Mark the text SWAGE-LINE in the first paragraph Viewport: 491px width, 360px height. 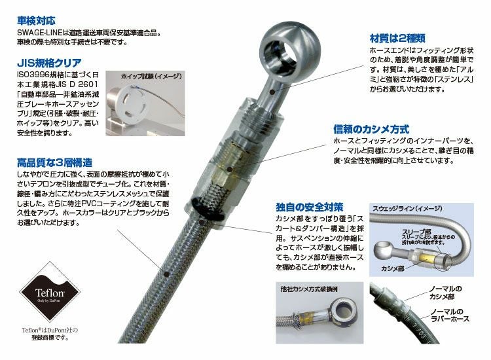click(41, 32)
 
